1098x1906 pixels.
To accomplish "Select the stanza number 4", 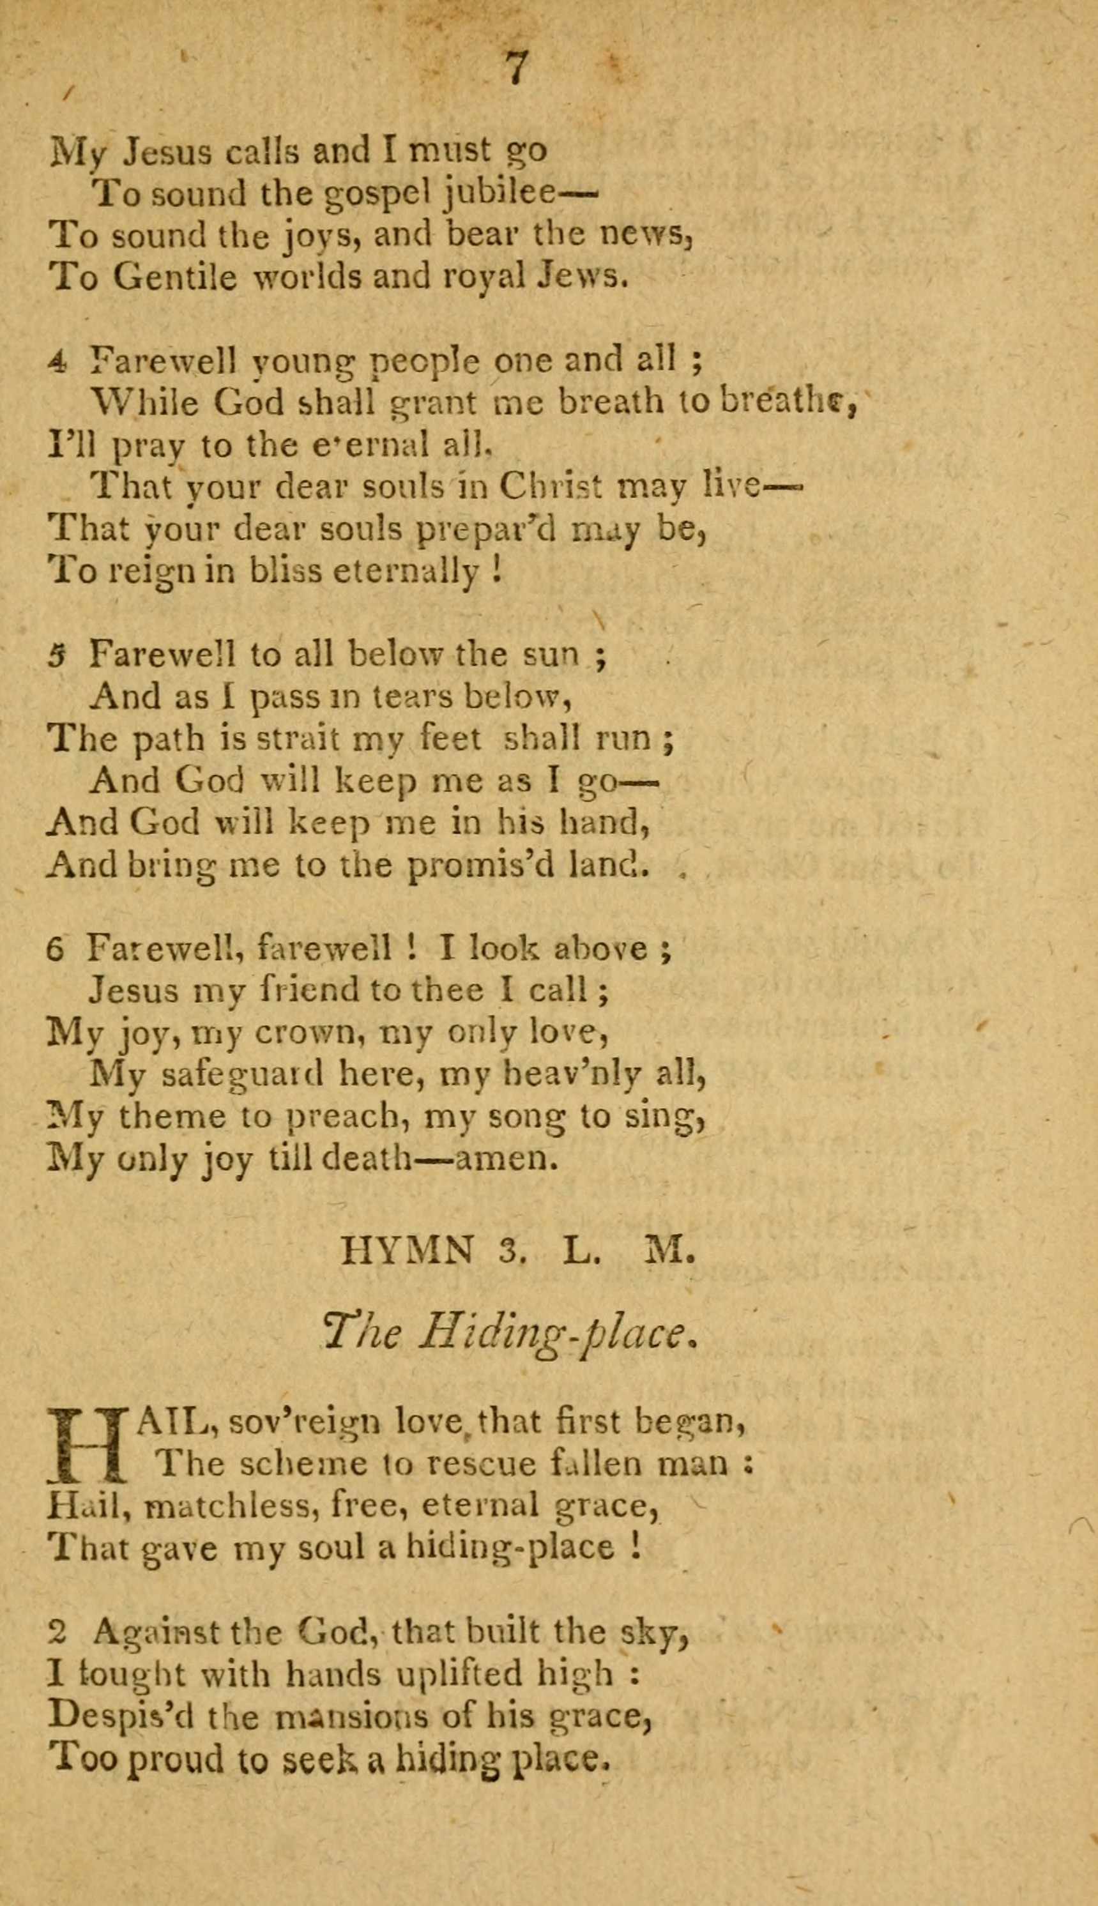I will (x=57, y=363).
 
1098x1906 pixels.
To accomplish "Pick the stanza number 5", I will (x=57, y=655).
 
